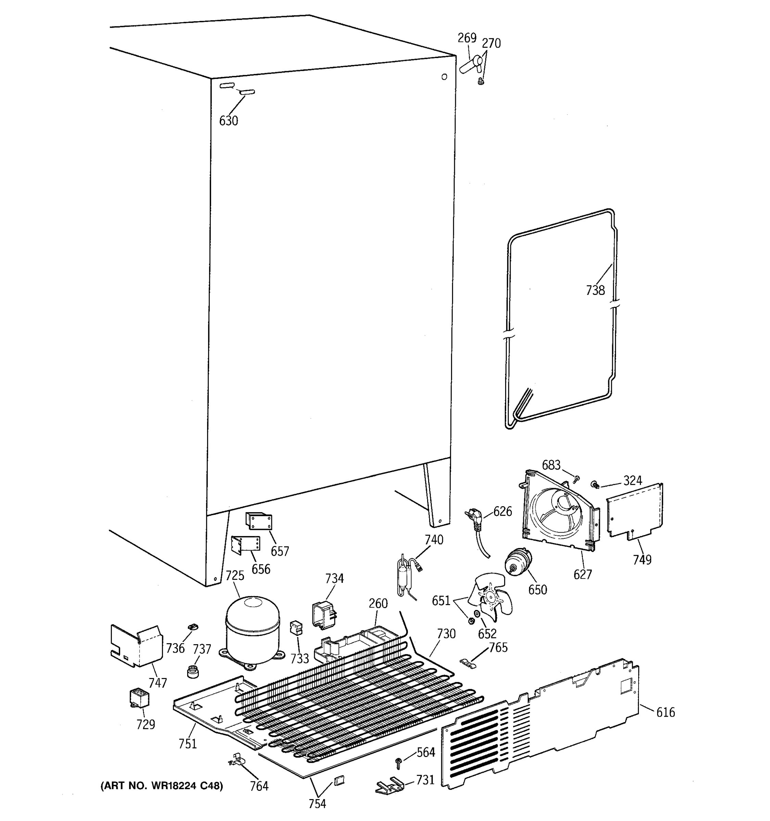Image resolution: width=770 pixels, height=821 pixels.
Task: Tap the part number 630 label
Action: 229,121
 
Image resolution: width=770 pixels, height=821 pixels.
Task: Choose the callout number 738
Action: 595,290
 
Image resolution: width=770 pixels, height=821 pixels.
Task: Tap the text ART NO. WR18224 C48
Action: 162,785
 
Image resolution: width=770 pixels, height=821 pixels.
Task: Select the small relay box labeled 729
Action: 139,698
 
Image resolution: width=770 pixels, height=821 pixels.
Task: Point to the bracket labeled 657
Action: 259,521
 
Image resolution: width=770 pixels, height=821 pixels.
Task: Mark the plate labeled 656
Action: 246,544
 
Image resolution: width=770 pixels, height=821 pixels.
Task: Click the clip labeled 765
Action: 468,662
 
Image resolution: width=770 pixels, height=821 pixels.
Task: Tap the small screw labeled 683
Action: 577,478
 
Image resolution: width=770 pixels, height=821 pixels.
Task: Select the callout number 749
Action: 642,560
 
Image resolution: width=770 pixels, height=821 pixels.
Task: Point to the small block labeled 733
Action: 296,628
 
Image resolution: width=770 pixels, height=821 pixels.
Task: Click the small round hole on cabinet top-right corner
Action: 444,77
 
